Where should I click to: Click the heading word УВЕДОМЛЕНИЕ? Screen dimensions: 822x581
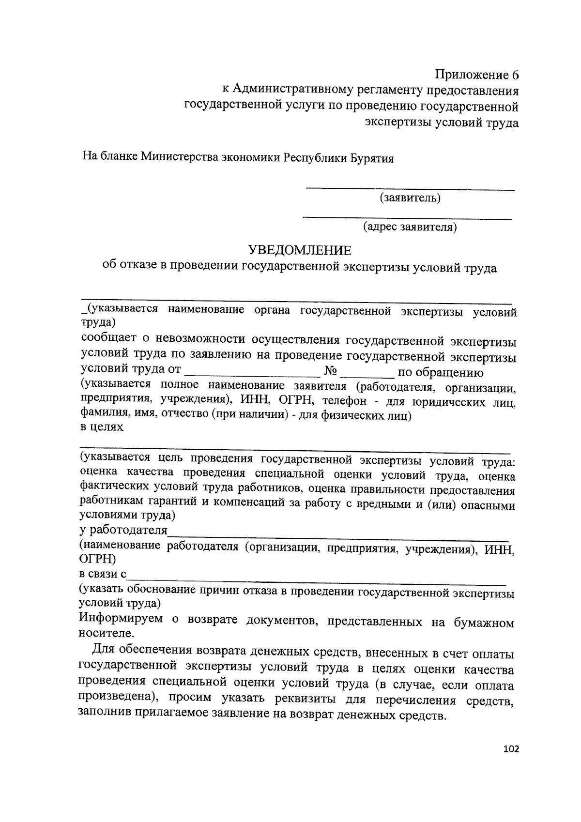(x=300, y=250)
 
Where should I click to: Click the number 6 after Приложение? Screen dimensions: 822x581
(x=515, y=75)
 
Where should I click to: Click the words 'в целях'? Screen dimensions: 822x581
(x=101, y=427)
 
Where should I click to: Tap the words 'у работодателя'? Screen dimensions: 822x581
(x=123, y=530)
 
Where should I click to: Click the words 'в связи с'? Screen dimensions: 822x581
(x=103, y=574)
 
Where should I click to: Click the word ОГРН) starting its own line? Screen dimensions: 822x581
(x=97, y=560)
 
